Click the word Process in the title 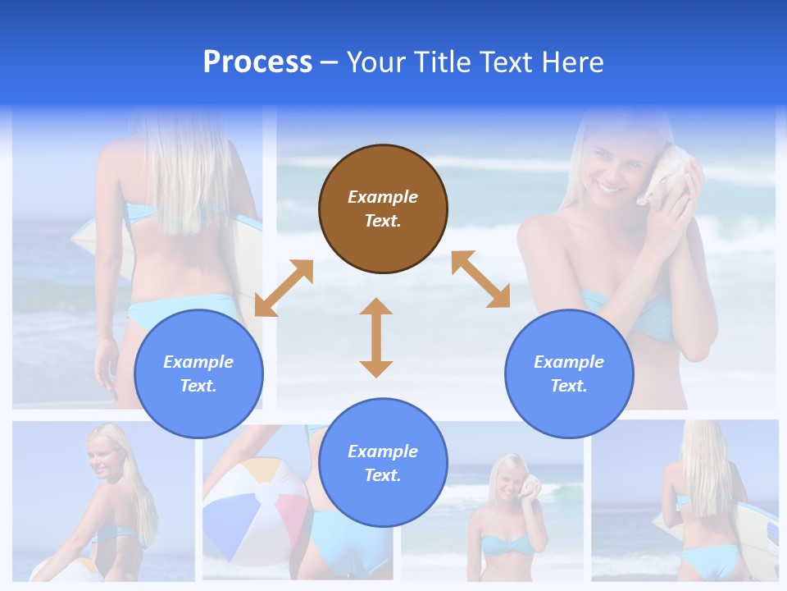pyautogui.click(x=257, y=62)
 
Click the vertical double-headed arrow pyautogui.click(x=376, y=338)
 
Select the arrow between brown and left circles pyautogui.click(x=284, y=288)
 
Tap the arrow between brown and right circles pyautogui.click(x=480, y=279)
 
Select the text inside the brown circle pyautogui.click(x=383, y=208)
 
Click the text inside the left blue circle pyautogui.click(x=198, y=373)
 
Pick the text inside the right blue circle pyautogui.click(x=569, y=373)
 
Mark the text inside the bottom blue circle pyautogui.click(x=383, y=463)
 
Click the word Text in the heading pyautogui.click(x=504, y=62)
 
